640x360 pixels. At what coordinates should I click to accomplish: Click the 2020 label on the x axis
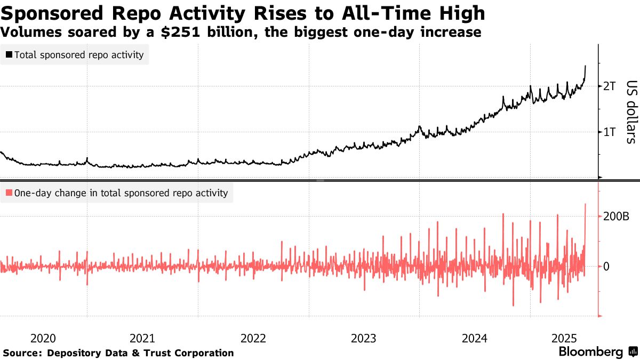(x=43, y=338)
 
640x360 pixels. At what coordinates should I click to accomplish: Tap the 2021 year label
(x=142, y=338)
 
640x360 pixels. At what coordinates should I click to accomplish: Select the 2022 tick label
(x=253, y=338)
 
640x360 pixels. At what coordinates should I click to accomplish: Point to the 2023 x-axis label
(x=364, y=338)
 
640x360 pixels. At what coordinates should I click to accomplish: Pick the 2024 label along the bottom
(x=474, y=338)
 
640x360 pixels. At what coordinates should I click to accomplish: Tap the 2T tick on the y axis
(x=609, y=86)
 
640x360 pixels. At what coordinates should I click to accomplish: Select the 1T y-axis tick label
(x=609, y=132)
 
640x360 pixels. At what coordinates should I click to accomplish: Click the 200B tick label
(x=617, y=217)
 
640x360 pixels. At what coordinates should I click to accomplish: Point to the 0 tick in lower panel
(x=606, y=266)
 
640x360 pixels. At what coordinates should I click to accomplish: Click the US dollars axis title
(x=631, y=112)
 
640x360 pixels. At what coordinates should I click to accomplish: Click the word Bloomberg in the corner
(x=590, y=352)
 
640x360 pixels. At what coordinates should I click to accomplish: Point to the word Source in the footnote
(x=22, y=353)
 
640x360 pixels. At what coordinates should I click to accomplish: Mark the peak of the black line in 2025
(x=586, y=66)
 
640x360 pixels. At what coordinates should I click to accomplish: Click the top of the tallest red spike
(x=586, y=204)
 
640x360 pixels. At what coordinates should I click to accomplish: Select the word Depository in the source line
(x=75, y=353)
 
